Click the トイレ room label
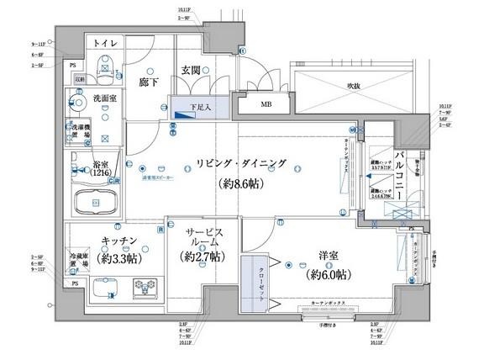coord(105,42)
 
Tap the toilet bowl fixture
coord(103,63)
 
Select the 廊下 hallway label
coord(148,82)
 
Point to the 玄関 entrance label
coord(190,71)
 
